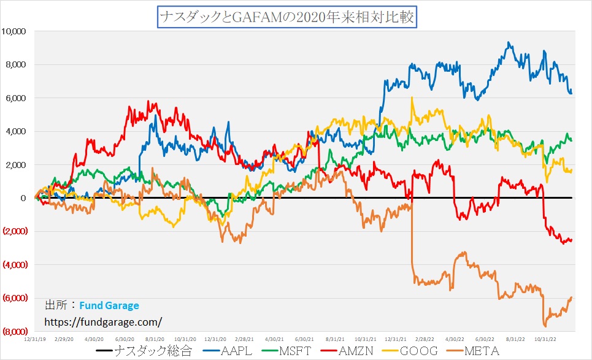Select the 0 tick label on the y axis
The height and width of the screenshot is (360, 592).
pyautogui.click(x=23, y=198)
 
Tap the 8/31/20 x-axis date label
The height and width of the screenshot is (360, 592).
pyautogui.click(x=155, y=339)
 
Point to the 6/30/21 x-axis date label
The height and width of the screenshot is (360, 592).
pyautogui.click(x=304, y=339)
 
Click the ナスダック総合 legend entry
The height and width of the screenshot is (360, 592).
pyautogui.click(x=145, y=351)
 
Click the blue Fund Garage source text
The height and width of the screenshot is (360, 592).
pyautogui.click(x=109, y=305)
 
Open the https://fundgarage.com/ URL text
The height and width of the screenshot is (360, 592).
pyautogui.click(x=104, y=321)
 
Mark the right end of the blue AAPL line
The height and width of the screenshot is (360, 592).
pyautogui.click(x=572, y=93)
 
